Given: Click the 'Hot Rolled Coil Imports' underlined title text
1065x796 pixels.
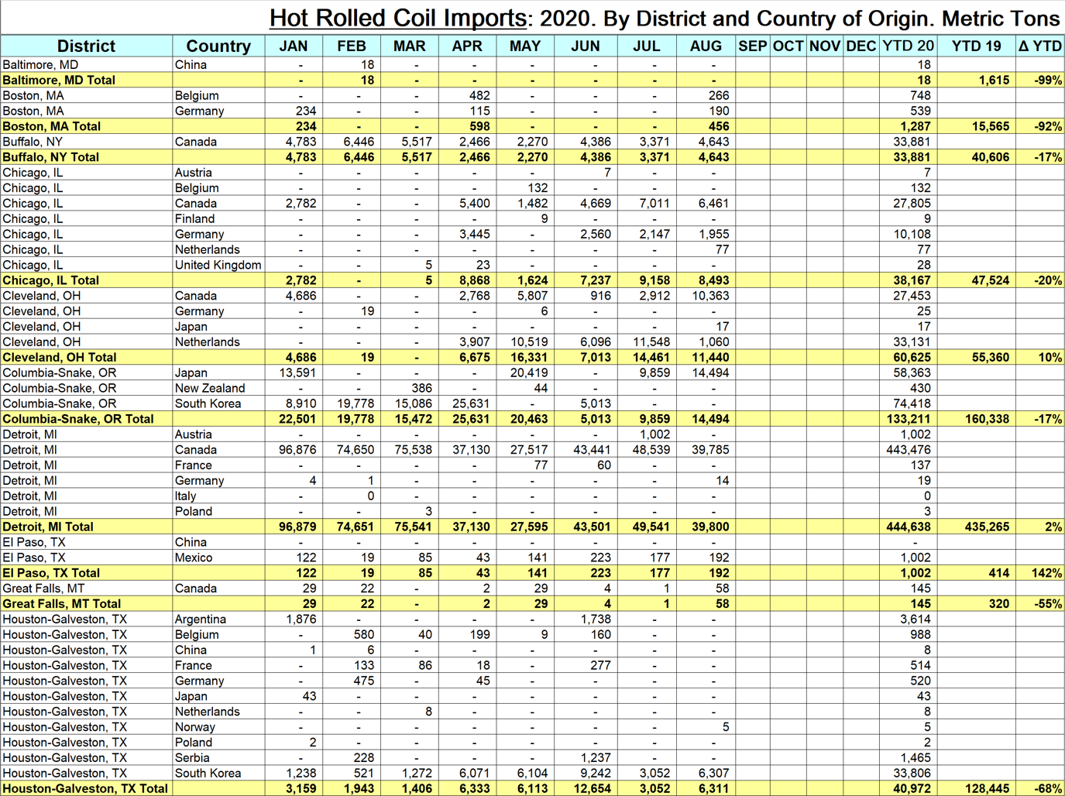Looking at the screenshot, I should pos(398,17).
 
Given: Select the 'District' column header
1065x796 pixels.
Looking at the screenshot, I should pos(86,46).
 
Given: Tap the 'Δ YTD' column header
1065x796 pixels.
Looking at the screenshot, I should pos(1039,46).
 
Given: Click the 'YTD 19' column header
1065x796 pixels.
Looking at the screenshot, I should pos(976,46).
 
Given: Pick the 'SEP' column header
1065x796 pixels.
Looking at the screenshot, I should pos(752,46).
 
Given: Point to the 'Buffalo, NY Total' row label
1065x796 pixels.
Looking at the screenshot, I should pos(51,157).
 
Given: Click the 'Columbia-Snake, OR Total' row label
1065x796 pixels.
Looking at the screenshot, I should pos(78,419).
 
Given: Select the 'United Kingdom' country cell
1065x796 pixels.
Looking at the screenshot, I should pos(218,265).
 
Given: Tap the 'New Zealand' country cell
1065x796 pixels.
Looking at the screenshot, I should pos(209,388).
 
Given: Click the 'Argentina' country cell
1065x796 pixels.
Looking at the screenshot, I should pos(201,619).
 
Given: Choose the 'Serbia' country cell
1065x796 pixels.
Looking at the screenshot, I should pos(192,757).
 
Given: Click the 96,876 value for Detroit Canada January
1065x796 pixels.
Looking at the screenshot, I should pos(297,450).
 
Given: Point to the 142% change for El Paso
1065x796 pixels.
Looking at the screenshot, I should pos(1046,573).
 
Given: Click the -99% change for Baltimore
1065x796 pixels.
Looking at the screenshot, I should pos(1047,80).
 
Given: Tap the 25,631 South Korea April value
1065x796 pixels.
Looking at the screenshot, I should pos(471,403).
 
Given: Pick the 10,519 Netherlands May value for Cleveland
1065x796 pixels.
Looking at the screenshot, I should pos(529,341).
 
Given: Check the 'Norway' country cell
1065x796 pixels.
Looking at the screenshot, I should pos(195,726).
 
